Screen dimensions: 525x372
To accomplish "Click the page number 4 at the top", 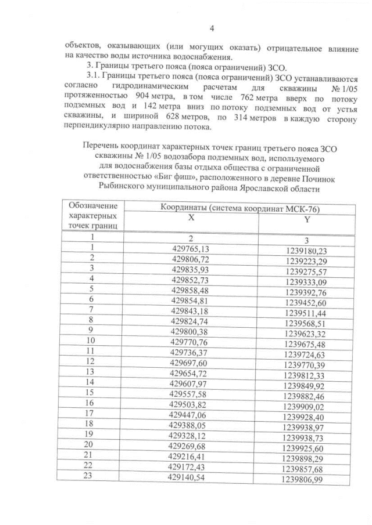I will click(212, 29).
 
